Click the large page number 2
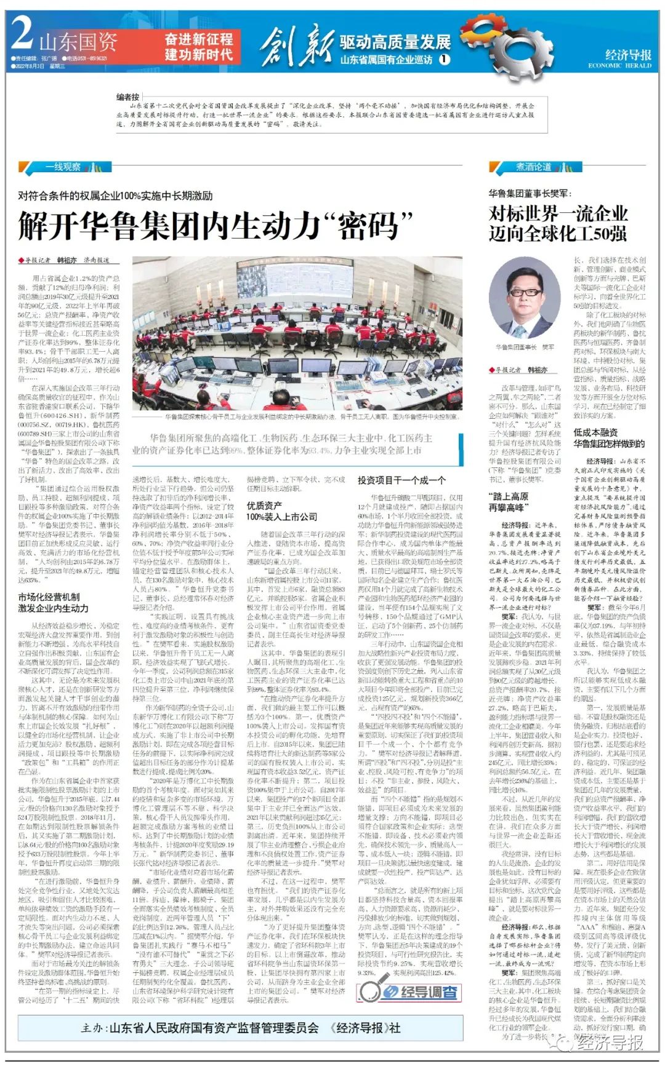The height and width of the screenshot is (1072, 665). [x=22, y=34]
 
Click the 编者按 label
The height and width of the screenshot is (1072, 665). [x=127, y=97]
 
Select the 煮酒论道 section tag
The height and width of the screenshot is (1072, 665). [x=533, y=167]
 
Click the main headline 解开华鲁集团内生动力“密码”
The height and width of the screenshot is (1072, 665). [x=215, y=226]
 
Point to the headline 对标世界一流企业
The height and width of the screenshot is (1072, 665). [x=558, y=214]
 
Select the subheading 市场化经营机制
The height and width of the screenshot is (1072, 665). [x=49, y=597]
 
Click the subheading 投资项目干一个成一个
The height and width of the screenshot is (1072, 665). [x=401, y=480]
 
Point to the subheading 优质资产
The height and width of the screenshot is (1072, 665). [x=264, y=506]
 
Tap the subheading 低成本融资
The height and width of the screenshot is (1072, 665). [x=595, y=432]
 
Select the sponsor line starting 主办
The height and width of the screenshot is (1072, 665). [x=240, y=1028]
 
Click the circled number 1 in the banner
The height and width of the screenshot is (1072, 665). [x=444, y=60]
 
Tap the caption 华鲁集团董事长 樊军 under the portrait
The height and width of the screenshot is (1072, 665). [x=525, y=347]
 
